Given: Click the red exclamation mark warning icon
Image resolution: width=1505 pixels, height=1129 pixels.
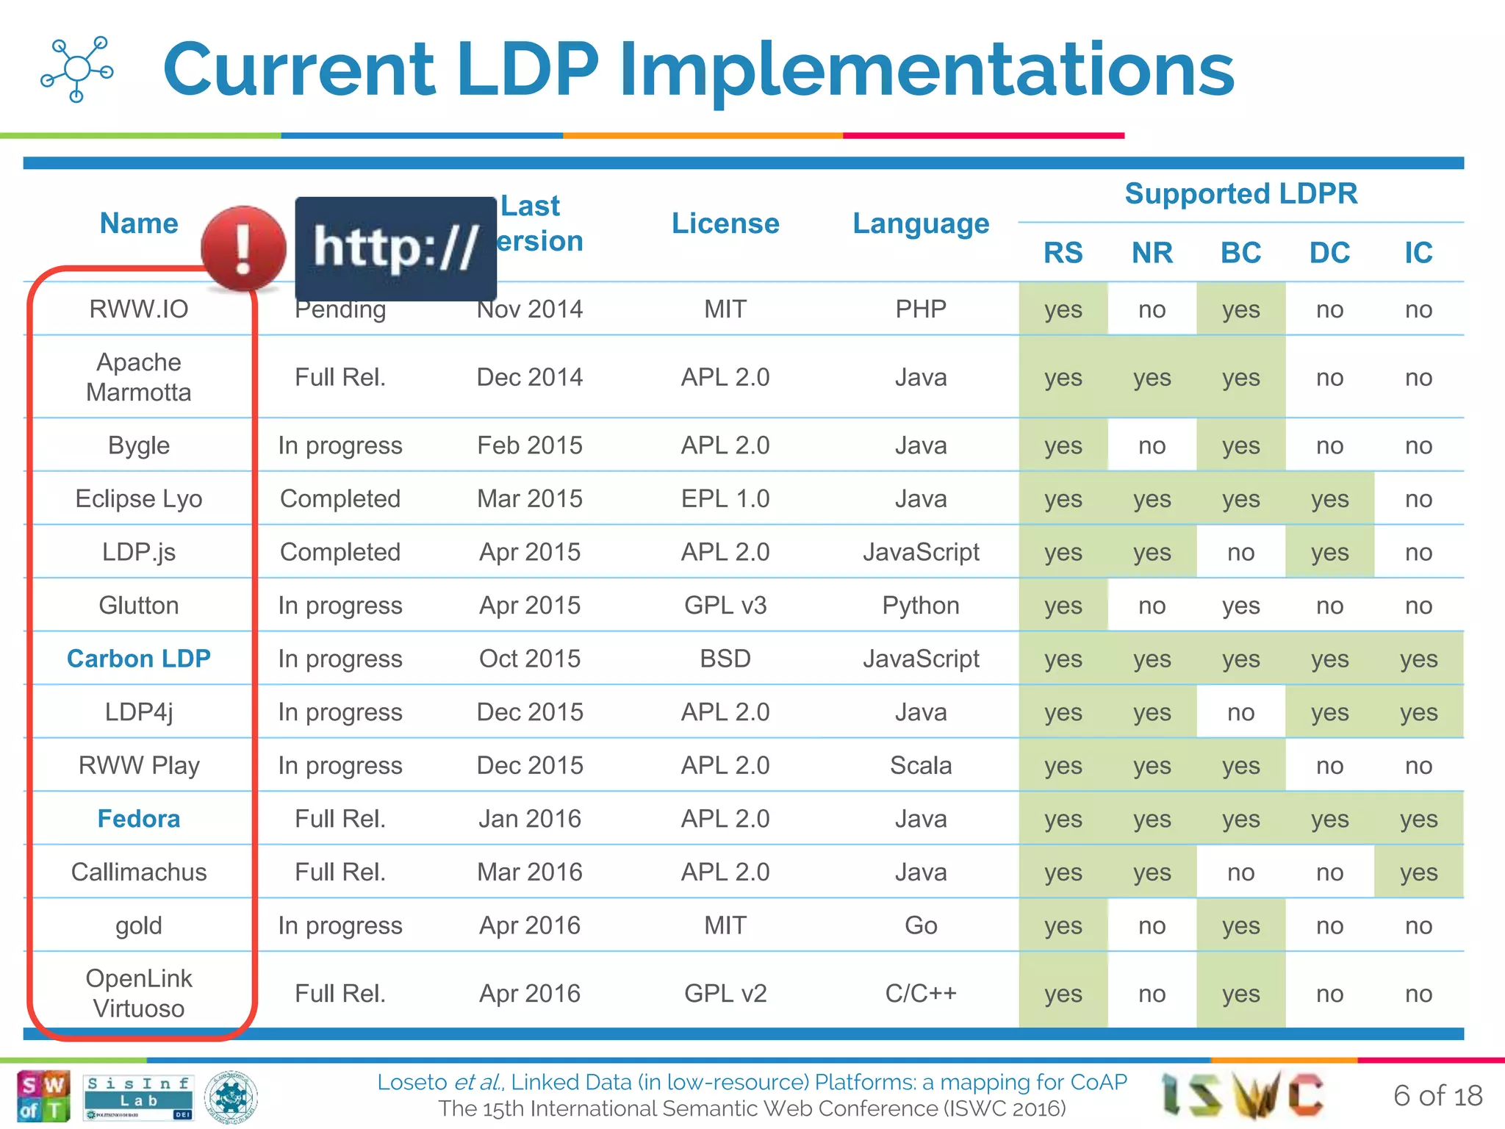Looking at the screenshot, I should click(243, 248).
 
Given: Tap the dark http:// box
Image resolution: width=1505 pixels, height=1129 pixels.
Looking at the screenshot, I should click(395, 248).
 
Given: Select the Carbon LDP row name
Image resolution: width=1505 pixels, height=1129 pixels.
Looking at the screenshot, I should click(139, 659).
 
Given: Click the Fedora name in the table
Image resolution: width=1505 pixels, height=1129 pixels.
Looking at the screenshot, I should click(139, 819).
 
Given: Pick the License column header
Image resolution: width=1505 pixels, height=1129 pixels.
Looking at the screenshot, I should click(725, 223).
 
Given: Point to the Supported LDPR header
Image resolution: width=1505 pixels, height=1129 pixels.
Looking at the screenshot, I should click(1240, 194).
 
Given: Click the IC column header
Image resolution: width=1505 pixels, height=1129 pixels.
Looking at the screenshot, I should click(1418, 253).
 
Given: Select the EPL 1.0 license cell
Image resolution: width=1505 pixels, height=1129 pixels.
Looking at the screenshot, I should click(725, 499).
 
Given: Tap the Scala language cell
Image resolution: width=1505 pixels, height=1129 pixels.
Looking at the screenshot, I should click(921, 766).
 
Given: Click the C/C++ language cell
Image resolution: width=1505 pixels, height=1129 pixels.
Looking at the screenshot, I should click(921, 994).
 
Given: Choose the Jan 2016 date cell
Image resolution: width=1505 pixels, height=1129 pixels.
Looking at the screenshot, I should click(530, 819).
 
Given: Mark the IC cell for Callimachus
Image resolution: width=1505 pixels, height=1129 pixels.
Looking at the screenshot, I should click(1418, 872).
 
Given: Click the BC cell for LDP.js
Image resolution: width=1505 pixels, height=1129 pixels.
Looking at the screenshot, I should click(1240, 553).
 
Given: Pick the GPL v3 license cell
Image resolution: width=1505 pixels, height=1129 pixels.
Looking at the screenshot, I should click(725, 606).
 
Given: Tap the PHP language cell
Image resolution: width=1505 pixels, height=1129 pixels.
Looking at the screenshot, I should click(921, 309).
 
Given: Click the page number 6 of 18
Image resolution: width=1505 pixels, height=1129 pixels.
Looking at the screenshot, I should click(1437, 1096).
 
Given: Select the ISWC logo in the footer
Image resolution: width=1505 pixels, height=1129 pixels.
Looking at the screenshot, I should click(1242, 1095).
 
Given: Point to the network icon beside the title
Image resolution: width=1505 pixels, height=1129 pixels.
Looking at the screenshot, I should click(76, 69).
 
